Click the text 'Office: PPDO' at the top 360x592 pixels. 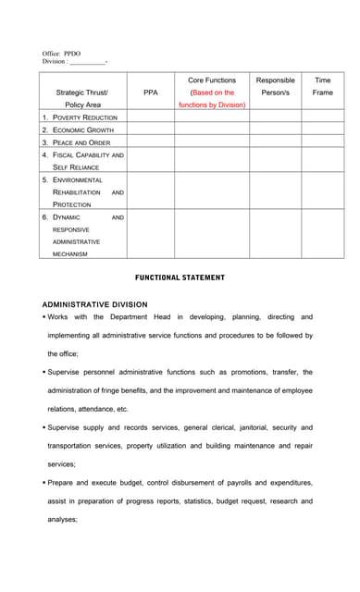point(63,54)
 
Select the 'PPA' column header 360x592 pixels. point(151,92)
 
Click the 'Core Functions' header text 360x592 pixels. point(212,80)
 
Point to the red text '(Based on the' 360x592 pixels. point(212,92)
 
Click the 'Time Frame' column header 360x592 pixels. point(322,86)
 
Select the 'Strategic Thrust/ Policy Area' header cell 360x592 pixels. point(82,99)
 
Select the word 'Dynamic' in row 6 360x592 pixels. point(67,217)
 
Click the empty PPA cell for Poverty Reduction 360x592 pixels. point(151,117)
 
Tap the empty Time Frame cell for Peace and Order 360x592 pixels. point(322,142)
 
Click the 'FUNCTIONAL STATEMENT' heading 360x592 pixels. point(180,277)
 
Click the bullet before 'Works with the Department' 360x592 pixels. point(44,317)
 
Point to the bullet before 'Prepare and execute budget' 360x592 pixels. point(44,483)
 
